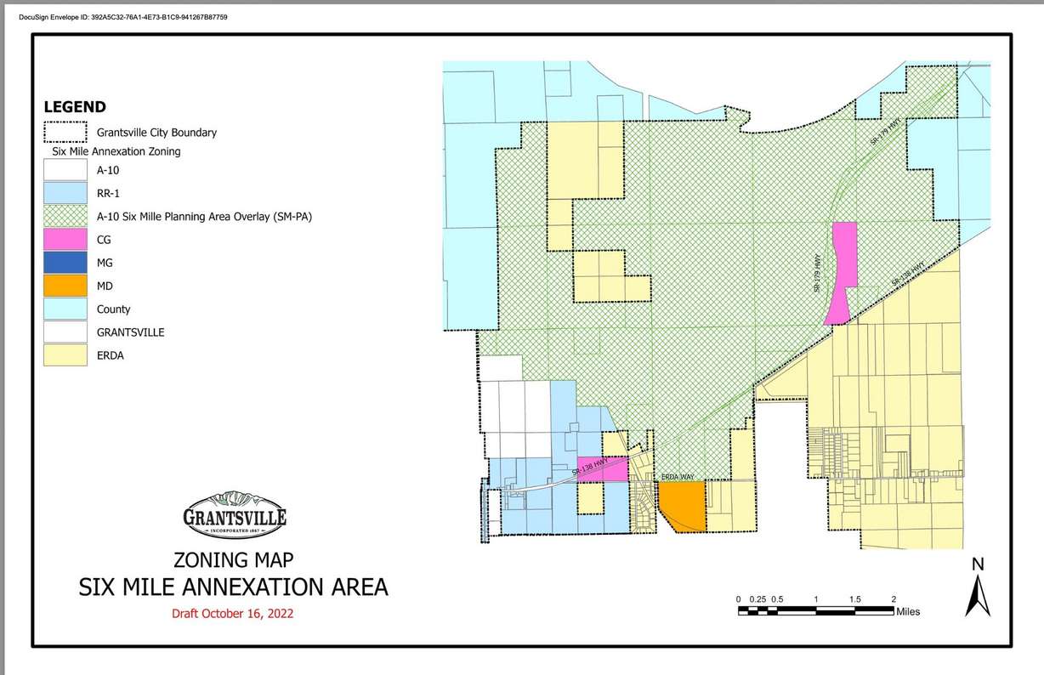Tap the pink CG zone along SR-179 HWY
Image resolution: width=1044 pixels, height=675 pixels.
point(843,270)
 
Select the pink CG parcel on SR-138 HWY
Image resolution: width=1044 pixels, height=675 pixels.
point(603,469)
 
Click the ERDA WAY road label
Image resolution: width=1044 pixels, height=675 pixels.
point(678,478)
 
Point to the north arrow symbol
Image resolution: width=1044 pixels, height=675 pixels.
point(978,596)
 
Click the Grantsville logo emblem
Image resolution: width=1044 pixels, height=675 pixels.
point(235,515)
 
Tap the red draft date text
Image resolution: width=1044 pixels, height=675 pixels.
point(233,614)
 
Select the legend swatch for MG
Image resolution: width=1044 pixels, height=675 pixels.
point(65,263)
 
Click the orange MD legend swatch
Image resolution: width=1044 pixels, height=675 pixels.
point(65,286)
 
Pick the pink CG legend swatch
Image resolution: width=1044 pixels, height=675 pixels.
point(65,240)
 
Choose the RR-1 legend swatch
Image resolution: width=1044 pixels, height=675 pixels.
point(65,193)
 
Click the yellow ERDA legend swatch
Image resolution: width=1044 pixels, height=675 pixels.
point(65,355)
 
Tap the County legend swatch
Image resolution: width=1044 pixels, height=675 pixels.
point(65,309)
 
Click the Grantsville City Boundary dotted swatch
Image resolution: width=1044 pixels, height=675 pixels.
point(65,133)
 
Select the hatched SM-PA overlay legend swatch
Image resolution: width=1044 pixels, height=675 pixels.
point(65,217)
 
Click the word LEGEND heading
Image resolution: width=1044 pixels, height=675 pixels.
point(75,107)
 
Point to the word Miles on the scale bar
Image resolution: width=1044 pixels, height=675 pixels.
point(907,611)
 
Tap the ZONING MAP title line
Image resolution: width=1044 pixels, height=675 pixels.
point(233,561)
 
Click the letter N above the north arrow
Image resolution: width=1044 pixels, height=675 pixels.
point(978,564)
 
